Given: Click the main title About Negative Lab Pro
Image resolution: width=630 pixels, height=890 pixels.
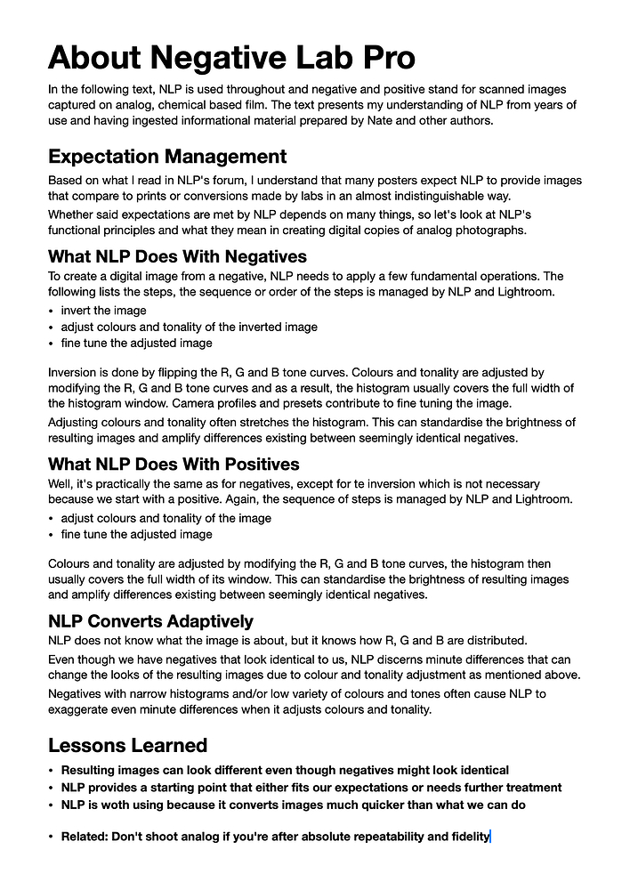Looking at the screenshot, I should [231, 57].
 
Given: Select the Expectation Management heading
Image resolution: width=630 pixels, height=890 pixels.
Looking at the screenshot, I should [167, 157].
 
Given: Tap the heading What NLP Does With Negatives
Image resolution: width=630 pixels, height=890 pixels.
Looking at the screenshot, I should [178, 257].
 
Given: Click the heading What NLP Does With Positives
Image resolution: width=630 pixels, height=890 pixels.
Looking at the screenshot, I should [174, 464].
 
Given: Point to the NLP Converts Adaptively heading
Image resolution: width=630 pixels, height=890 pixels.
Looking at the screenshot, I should [150, 620].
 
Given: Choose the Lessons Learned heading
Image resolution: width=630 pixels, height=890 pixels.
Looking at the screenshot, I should [127, 745].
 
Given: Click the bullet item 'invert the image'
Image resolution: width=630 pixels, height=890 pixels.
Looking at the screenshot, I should [103, 311].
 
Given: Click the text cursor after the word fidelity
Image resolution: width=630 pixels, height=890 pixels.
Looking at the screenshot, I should [490, 837].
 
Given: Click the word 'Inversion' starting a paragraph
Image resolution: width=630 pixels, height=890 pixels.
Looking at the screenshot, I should [73, 372].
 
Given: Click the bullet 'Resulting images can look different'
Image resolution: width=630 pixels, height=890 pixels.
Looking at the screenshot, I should [285, 770].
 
